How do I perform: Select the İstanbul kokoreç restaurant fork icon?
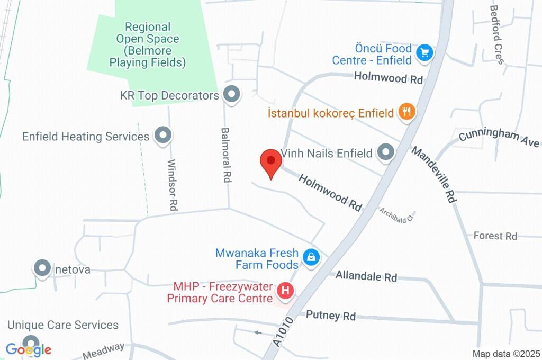(406, 112)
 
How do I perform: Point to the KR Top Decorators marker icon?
(231, 95)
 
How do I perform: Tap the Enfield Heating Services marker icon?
(162, 136)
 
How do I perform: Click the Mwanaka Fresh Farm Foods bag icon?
(311, 258)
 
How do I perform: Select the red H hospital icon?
(286, 291)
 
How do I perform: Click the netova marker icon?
(42, 269)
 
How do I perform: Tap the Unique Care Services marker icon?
(31, 342)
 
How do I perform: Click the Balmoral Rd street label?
(227, 155)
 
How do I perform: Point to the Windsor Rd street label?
(171, 185)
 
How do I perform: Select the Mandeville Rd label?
(433, 174)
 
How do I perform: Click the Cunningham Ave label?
(499, 137)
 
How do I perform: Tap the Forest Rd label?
(495, 236)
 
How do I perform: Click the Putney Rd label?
(331, 316)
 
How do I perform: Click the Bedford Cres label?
(497, 34)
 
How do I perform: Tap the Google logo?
(29, 350)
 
